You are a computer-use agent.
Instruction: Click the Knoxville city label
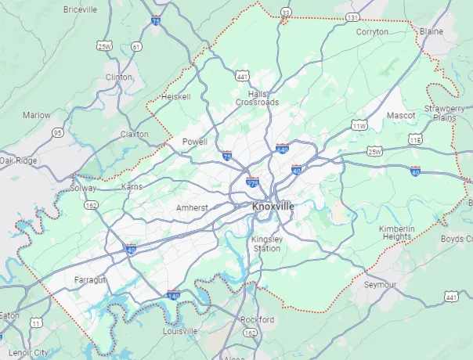click(274, 206)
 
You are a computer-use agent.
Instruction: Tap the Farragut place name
click(89, 279)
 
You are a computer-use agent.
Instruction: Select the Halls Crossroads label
click(258, 98)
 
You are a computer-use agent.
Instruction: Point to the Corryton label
click(372, 32)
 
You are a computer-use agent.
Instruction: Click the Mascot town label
click(401, 115)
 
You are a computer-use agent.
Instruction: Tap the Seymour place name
click(381, 284)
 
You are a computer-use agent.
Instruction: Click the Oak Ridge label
click(18, 160)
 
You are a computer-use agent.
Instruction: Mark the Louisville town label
click(179, 331)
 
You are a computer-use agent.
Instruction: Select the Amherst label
click(191, 207)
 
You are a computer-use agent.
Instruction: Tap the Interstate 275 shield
click(252, 182)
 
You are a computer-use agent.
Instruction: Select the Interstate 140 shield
click(173, 295)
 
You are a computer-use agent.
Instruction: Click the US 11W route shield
click(359, 124)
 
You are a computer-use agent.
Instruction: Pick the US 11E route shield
click(415, 139)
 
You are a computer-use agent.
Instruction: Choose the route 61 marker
click(137, 47)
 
